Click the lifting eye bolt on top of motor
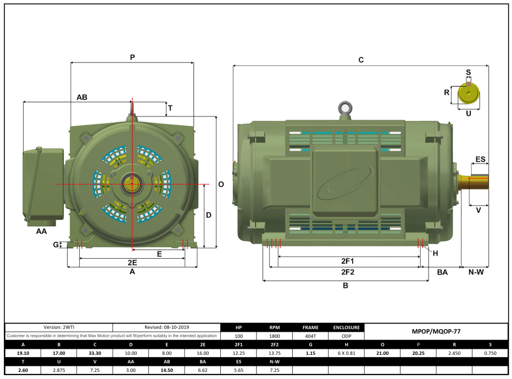click(345, 108)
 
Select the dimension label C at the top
click(361, 60)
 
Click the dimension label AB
click(82, 97)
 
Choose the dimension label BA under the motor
click(442, 272)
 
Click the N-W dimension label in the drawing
click(475, 272)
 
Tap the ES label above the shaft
click(480, 159)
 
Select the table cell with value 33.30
click(95, 353)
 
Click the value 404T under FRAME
click(310, 336)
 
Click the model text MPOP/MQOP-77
click(436, 332)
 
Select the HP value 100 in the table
click(238, 336)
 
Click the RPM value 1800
click(274, 336)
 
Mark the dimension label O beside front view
click(221, 185)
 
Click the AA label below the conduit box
click(41, 232)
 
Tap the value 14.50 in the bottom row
click(166, 370)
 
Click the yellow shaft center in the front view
click(132, 183)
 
